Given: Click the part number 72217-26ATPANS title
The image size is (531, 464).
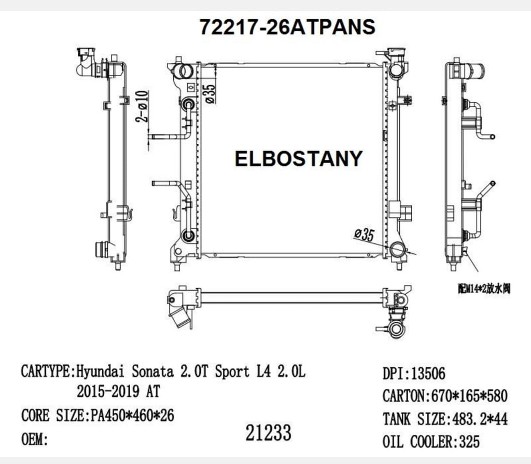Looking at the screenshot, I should (287, 27).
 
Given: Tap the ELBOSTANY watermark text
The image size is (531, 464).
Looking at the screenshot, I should (299, 158).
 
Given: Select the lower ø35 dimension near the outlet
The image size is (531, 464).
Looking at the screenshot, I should (364, 235).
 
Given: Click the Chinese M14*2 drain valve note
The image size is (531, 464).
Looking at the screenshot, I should (484, 289).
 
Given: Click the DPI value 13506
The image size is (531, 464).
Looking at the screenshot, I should (427, 373).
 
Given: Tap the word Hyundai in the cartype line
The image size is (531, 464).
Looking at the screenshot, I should (102, 372).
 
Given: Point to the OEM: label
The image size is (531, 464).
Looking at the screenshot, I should (35, 439).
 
